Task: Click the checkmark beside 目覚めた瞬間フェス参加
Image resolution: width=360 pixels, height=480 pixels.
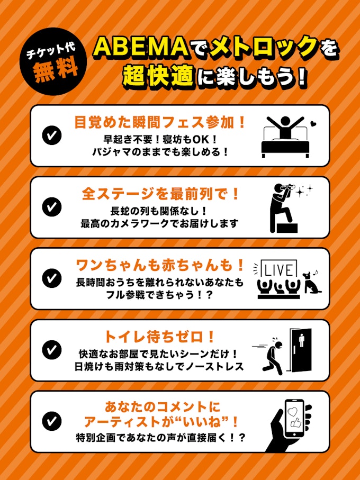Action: [x=52, y=136]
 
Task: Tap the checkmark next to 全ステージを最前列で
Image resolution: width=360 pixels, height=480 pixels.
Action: [x=52, y=207]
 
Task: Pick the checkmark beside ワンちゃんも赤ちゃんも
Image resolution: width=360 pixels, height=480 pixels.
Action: [x=52, y=278]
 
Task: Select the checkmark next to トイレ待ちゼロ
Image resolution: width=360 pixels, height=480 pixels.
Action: [x=52, y=350]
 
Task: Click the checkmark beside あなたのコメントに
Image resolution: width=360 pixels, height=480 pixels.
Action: [x=52, y=422]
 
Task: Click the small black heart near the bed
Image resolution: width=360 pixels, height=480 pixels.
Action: [x=312, y=124]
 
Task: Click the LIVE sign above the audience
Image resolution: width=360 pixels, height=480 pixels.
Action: [x=278, y=269]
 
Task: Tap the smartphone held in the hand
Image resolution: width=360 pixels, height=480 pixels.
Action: [x=294, y=419]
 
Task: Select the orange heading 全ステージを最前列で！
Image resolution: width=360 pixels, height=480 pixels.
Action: [x=160, y=194]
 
